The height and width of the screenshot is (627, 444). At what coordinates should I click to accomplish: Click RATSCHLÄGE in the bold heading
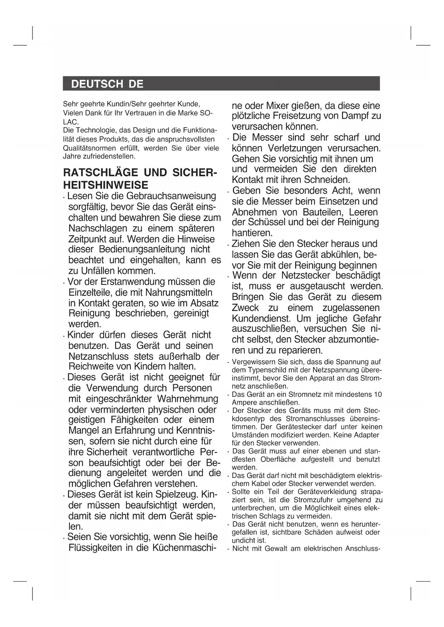coord(100,173)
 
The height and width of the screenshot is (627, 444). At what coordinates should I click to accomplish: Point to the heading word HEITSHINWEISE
coord(106,185)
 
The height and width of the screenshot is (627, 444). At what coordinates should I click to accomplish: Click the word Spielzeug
coord(176,495)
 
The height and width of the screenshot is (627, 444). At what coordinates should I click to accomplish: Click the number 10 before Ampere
coord(377,395)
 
